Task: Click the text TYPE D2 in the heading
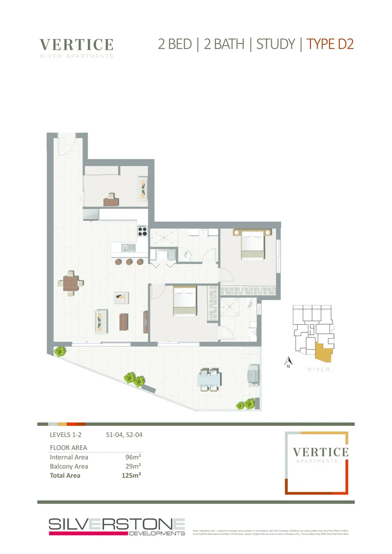(x=330, y=44)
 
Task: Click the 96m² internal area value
(x=133, y=457)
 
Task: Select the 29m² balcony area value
(x=133, y=466)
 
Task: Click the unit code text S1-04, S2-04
(x=124, y=435)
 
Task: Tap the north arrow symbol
(x=288, y=361)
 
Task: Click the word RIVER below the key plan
(x=319, y=369)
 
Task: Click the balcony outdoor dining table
(x=209, y=379)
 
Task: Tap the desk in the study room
(x=110, y=201)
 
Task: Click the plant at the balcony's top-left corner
(x=60, y=351)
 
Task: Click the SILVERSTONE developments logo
(x=116, y=527)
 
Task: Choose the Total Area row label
(x=65, y=476)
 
